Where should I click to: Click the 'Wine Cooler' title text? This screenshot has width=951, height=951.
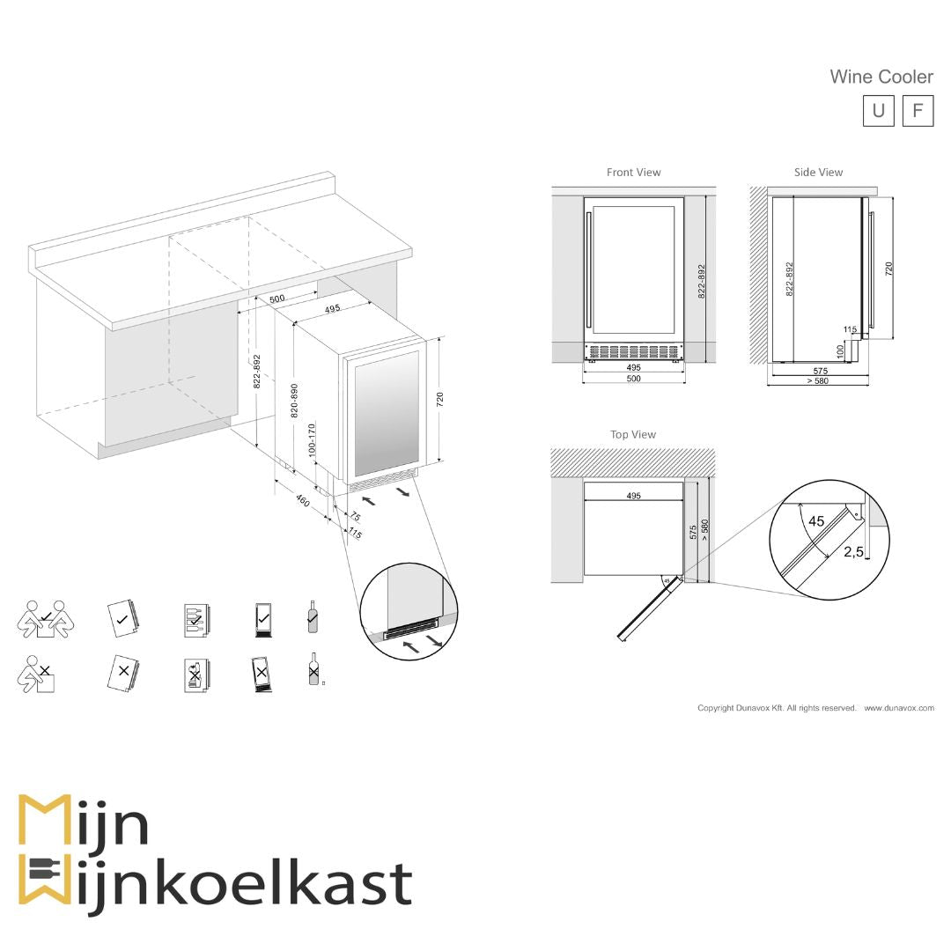881,77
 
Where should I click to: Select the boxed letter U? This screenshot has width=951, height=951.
878,111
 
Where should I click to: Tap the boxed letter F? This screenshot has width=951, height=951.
918,111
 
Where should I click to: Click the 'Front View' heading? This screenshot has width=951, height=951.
633,173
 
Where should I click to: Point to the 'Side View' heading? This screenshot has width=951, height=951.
818,173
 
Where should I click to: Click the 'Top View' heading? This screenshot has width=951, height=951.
633,434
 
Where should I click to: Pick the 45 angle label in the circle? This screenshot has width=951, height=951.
816,521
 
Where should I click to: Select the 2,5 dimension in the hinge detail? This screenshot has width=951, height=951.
852,552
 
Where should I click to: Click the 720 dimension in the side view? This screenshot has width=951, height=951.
888,269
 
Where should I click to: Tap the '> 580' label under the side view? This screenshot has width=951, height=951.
817,381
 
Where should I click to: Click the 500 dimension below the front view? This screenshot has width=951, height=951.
633,379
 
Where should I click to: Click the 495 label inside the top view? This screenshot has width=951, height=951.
633,496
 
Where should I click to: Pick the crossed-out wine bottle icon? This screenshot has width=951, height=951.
313,671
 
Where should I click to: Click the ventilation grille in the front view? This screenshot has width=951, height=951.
633,351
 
